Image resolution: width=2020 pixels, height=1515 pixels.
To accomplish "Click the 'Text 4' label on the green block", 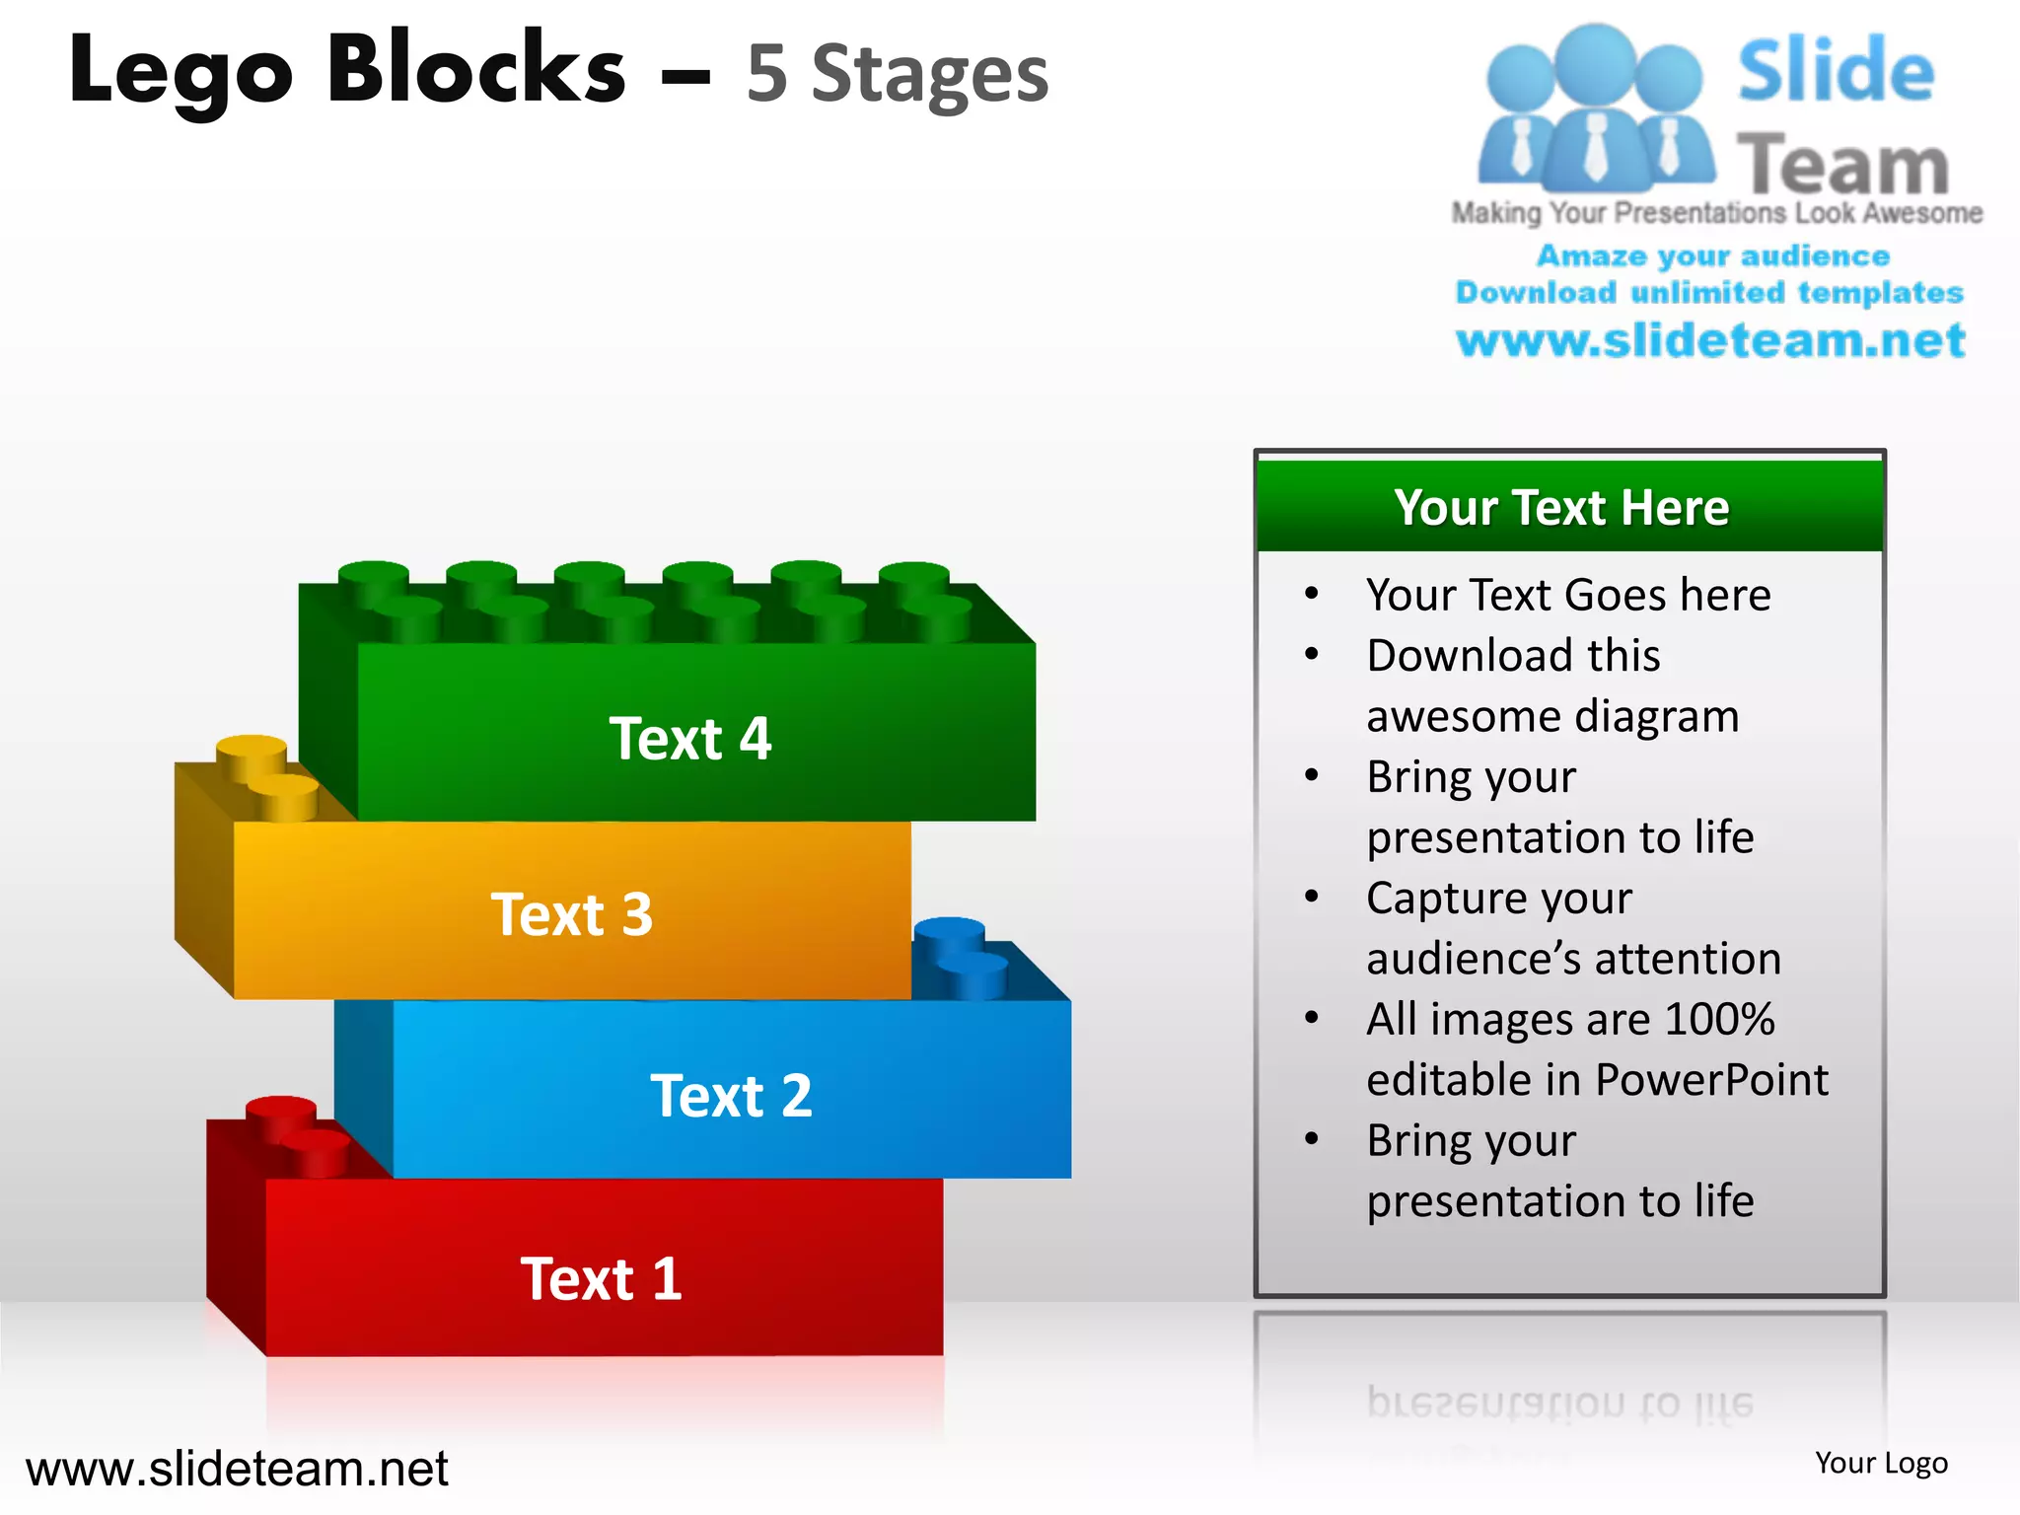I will [x=689, y=739].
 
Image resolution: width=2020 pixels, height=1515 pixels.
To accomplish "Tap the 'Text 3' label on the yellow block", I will [x=572, y=914].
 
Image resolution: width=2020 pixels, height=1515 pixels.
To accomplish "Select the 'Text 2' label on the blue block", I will [x=731, y=1096].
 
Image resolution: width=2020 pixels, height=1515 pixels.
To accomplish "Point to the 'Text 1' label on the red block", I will [x=601, y=1279].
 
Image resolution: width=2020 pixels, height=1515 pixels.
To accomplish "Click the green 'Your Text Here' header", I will [x=1561, y=508].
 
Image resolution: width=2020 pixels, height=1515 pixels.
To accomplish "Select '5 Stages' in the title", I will [x=897, y=75].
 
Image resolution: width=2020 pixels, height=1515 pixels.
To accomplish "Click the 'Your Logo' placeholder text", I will [x=1881, y=1463].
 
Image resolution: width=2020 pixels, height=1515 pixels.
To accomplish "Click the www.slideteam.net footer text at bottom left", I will [x=237, y=1469].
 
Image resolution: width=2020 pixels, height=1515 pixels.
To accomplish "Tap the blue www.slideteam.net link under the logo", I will [x=1710, y=340].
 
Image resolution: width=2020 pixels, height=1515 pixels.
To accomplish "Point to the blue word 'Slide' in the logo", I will [x=1835, y=71].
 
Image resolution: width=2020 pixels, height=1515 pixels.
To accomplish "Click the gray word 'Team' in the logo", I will [x=1842, y=164].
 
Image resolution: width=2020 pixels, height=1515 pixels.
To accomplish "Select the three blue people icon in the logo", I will [x=1595, y=108].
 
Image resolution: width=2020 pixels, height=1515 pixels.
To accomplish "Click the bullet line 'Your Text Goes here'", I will [x=1568, y=595].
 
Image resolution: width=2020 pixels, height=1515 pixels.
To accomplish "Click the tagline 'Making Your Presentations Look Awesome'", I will [x=1716, y=213].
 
